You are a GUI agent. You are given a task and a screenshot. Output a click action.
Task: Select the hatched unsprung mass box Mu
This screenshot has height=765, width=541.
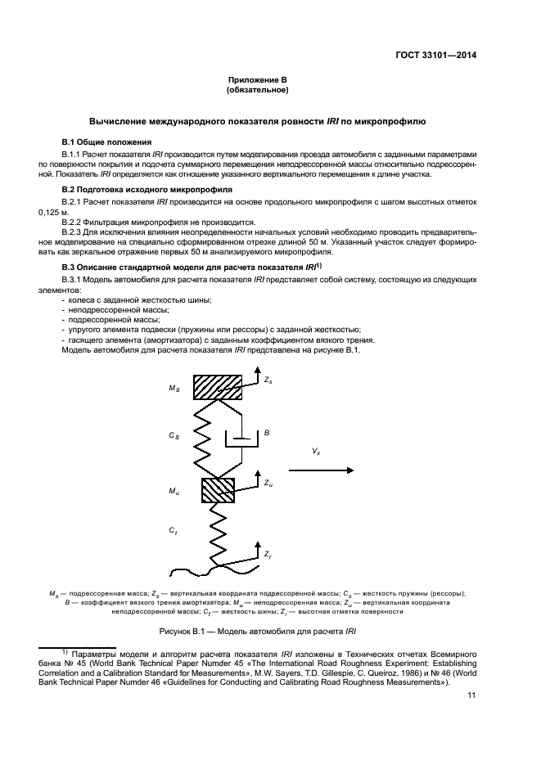(218, 490)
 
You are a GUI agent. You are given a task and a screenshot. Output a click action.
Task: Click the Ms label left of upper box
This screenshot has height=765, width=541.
(174, 388)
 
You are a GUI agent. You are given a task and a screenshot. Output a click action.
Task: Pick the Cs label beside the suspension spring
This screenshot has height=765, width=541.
(174, 436)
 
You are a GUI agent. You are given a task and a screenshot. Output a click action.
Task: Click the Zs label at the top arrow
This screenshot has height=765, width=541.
(268, 380)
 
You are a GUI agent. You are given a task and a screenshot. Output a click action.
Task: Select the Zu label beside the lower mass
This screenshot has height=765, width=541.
(268, 484)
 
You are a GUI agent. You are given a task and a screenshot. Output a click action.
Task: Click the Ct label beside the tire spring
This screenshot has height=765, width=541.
(174, 531)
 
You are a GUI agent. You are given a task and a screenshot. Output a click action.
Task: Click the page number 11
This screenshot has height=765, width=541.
(471, 696)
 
